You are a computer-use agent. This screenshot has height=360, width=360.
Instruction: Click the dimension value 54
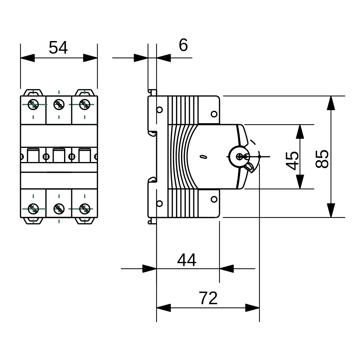(58, 48)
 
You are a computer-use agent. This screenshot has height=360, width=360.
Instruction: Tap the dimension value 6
(183, 45)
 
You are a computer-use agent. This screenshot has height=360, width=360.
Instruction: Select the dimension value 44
(186, 260)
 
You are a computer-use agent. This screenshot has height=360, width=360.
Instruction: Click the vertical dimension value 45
(293, 161)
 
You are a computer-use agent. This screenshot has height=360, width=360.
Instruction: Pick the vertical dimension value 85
(322, 159)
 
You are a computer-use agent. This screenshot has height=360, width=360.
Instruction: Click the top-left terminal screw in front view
(33, 104)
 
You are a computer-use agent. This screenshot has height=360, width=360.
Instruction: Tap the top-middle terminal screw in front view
(59, 104)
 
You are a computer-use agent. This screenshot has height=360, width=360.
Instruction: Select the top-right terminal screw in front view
(85, 104)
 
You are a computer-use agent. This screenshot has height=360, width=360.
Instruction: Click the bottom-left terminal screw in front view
(33, 208)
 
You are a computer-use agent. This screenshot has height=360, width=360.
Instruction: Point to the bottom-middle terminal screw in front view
(59, 208)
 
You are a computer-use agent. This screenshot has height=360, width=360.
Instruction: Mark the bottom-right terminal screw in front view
(85, 208)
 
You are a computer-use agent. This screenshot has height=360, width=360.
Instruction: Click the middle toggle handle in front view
(59, 156)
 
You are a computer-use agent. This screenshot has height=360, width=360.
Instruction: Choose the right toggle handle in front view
(85, 156)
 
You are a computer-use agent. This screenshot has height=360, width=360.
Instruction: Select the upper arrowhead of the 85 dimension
(330, 103)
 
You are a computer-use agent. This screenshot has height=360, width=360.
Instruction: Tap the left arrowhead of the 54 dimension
(27, 58)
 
